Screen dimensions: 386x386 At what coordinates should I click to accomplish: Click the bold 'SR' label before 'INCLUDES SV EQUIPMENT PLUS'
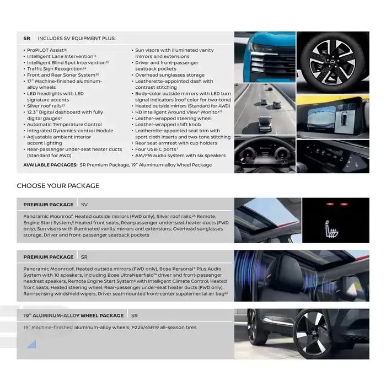coord(26,39)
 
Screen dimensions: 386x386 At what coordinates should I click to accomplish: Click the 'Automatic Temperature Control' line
coord(65,125)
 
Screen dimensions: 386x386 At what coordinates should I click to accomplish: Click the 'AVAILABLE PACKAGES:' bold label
coord(50,164)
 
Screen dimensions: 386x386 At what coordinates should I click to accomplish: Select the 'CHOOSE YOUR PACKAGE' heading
coord(58,186)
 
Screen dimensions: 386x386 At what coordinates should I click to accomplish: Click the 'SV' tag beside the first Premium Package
coord(84,205)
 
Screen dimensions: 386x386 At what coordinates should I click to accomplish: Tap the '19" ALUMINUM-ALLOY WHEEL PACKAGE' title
coord(73,315)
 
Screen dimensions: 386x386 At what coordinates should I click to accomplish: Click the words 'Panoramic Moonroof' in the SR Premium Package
coord(49,269)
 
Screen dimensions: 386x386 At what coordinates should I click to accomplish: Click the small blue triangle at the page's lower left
coord(31,345)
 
